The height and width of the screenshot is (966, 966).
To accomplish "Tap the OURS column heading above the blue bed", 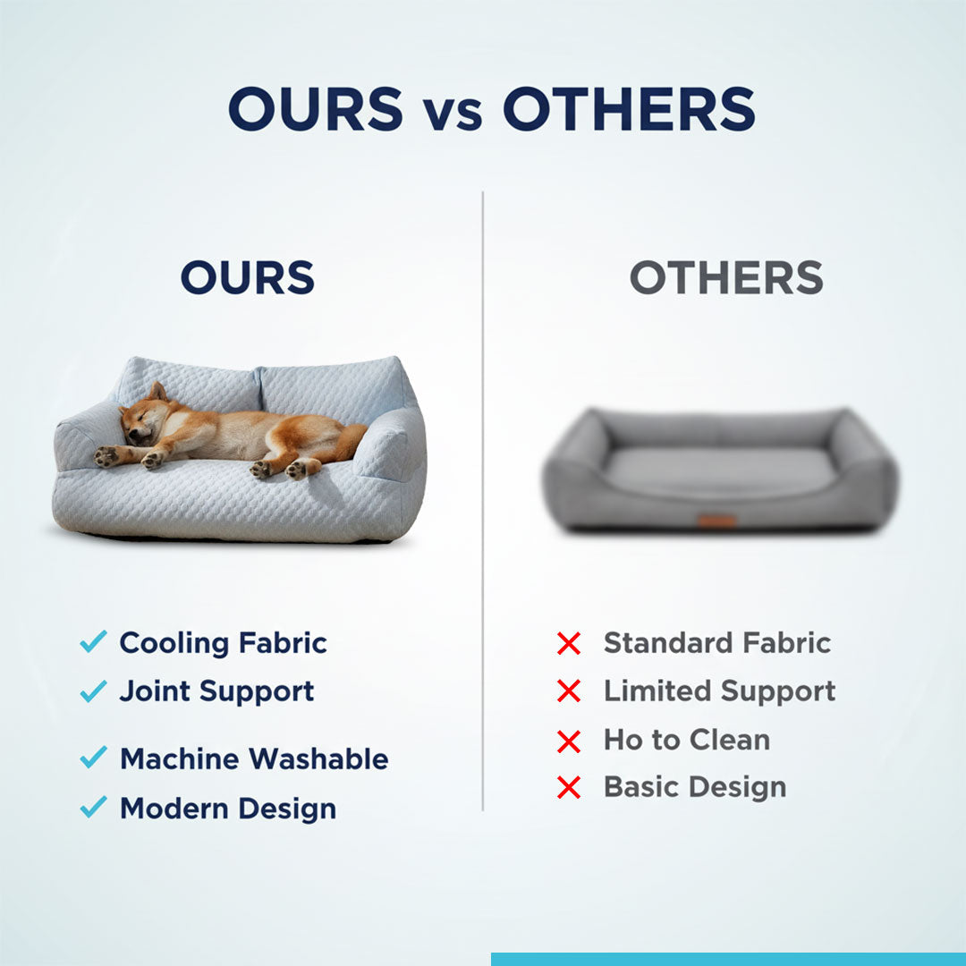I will [248, 278].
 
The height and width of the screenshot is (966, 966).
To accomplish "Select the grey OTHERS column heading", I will [726, 278].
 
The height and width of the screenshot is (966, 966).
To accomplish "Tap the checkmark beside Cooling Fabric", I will [93, 641].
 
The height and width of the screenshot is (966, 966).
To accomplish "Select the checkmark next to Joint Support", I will [93, 691].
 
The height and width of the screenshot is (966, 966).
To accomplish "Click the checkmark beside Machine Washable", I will [93, 758].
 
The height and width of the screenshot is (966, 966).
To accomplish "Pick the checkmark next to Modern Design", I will [93, 807].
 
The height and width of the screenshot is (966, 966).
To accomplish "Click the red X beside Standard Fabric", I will [569, 643].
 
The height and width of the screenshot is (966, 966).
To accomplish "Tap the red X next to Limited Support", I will [569, 691].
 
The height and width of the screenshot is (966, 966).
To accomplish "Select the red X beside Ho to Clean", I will [569, 741].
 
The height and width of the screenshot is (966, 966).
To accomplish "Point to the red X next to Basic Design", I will [569, 788].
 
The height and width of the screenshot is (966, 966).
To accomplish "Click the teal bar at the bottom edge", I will [728, 959].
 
